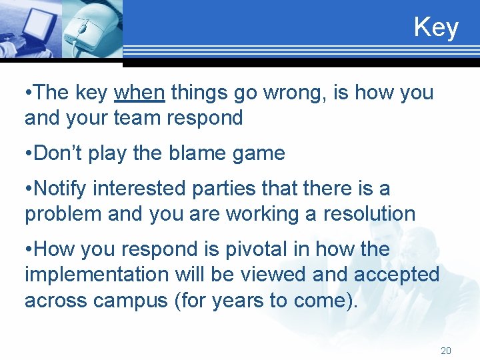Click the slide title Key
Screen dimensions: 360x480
[x=436, y=27]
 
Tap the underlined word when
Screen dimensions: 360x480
[x=139, y=93]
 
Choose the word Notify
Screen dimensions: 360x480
[x=60, y=189]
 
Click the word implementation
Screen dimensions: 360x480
[x=97, y=275]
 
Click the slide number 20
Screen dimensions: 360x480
[x=446, y=351]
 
